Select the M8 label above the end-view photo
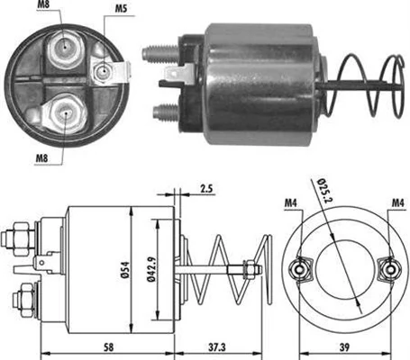tap(44, 10)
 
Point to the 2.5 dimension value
tap(205, 190)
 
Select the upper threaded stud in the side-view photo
tap(159, 45)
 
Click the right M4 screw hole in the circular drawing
tap(390, 268)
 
